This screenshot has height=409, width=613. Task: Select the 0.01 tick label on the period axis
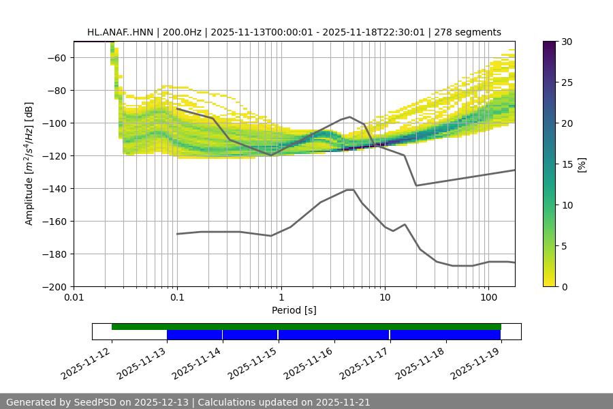click(74, 298)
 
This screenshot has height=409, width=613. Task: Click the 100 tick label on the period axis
click(488, 298)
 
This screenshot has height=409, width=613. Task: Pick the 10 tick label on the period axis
click(385, 298)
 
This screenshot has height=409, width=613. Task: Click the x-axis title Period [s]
click(294, 310)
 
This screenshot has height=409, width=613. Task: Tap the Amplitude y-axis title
click(29, 164)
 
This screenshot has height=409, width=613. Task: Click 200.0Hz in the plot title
click(181, 32)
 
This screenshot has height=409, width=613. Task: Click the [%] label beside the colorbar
click(581, 164)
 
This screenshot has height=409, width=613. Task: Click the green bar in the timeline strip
click(306, 327)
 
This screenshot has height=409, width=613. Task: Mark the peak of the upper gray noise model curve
click(350, 117)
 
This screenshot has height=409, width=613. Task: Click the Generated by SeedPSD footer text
click(188, 402)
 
